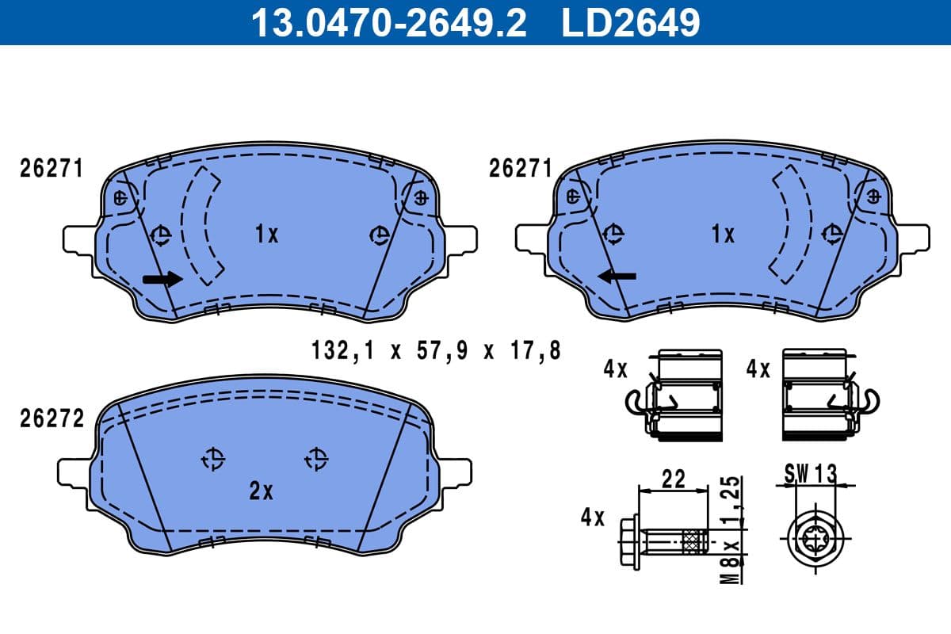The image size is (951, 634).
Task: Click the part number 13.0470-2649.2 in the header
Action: (x=388, y=22)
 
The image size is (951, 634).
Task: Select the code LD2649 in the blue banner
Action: (x=631, y=22)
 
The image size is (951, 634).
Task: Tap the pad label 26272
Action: (x=52, y=419)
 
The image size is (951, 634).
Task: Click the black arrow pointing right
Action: (x=162, y=278)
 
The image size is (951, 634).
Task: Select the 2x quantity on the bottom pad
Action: (x=261, y=491)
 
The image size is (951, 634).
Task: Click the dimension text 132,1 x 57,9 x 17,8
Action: (x=435, y=350)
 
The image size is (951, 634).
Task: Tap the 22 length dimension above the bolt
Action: (x=674, y=479)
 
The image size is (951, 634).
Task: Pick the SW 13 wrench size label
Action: (x=810, y=474)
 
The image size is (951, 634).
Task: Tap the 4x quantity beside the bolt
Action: (x=592, y=518)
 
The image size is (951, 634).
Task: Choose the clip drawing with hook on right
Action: (x=820, y=394)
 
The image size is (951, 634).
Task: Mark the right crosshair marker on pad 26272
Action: (x=316, y=457)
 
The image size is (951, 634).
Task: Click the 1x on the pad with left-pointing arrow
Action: (x=722, y=234)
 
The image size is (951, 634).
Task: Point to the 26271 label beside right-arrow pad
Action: (x=52, y=169)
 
